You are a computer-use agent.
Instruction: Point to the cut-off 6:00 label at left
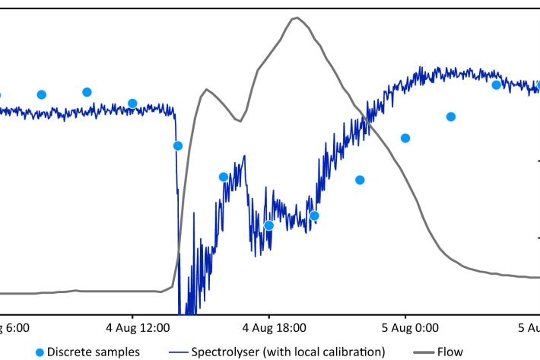(14, 328)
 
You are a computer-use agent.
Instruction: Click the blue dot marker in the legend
(39, 352)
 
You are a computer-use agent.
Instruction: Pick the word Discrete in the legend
(68, 352)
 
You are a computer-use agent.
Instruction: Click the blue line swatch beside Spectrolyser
(177, 352)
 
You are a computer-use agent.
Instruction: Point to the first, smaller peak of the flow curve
(206, 90)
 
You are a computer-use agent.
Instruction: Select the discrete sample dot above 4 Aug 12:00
(132, 104)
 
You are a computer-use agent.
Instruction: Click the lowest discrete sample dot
(268, 225)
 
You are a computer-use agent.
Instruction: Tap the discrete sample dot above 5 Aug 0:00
(405, 138)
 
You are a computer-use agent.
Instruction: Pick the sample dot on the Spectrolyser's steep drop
(178, 146)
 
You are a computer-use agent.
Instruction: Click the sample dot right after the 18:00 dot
(314, 216)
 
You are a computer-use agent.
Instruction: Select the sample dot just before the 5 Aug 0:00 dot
(360, 180)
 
